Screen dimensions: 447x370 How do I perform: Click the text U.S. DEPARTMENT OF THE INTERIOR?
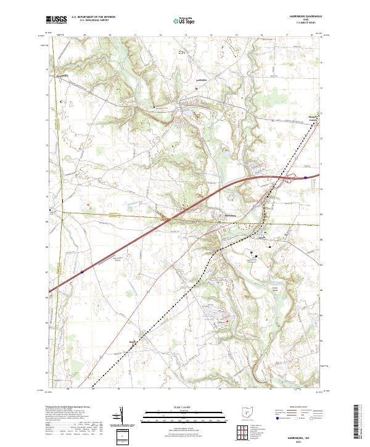click(x=93, y=17)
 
